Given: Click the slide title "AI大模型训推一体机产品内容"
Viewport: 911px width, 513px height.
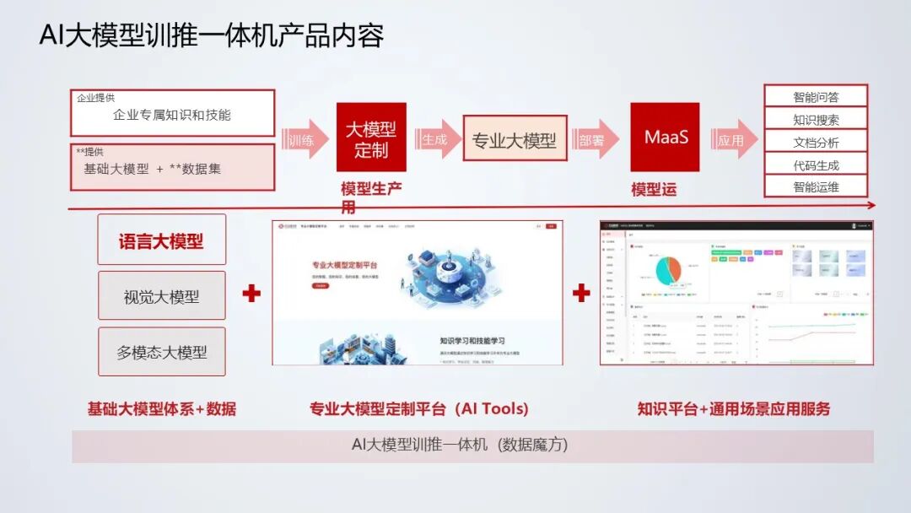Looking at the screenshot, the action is tap(212, 35).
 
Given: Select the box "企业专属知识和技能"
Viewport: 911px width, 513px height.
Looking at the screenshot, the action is tap(172, 114).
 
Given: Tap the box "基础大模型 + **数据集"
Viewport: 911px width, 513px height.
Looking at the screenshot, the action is tap(172, 167).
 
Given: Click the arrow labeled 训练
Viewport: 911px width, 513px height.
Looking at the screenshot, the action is tap(304, 140).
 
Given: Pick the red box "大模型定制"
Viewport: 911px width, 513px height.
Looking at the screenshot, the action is tap(371, 138).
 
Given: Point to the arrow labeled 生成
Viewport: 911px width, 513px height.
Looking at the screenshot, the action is tap(437, 140).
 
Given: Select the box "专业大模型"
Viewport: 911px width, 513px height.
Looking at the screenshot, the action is tap(514, 140).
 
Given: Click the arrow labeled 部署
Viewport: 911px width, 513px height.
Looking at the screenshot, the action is tap(594, 140).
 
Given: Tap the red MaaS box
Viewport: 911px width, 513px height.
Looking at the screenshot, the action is tap(666, 137).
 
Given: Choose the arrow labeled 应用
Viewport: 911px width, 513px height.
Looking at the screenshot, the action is tap(732, 140).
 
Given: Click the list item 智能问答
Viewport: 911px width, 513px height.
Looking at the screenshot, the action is tap(816, 96).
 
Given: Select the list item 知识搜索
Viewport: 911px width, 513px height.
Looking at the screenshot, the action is tap(816, 119).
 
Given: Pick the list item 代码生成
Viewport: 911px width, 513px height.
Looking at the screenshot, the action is tap(816, 165).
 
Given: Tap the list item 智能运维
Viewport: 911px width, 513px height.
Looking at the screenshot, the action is tap(816, 186).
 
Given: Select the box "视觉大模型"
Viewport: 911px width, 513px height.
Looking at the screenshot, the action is tap(162, 296).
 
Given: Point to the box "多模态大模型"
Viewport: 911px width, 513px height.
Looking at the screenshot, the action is tap(162, 352).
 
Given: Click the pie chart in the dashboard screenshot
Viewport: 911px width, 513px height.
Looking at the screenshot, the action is tap(662, 270).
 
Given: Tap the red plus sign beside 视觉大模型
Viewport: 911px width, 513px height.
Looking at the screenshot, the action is tap(251, 294).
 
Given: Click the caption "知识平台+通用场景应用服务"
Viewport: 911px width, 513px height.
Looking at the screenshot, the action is tap(734, 409).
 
